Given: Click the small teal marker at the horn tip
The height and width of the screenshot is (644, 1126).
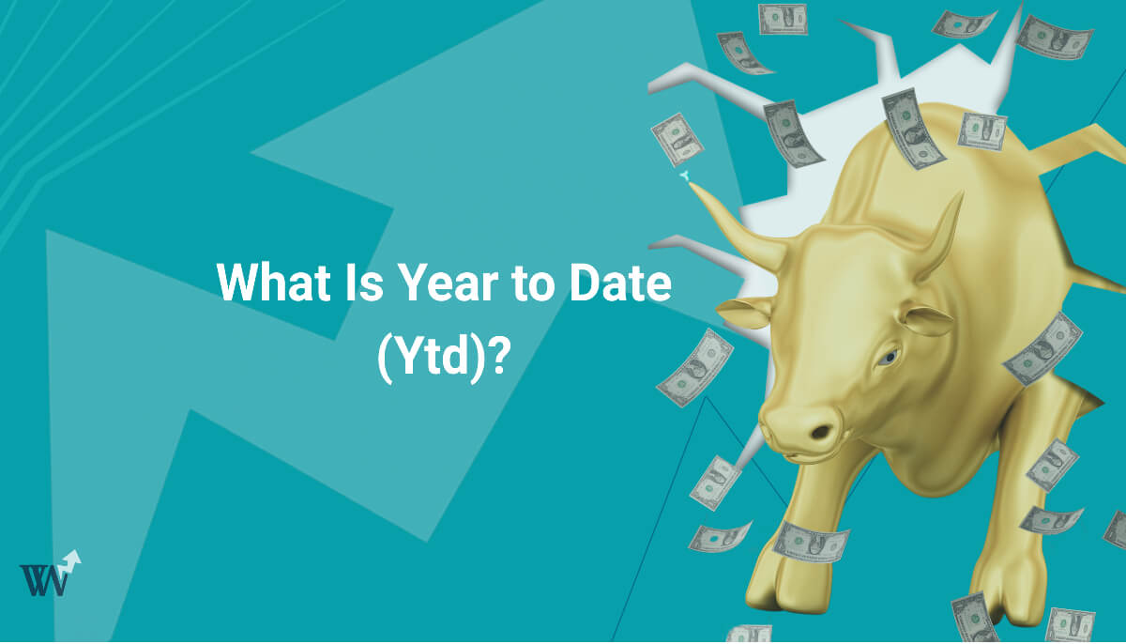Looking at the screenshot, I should (686, 176).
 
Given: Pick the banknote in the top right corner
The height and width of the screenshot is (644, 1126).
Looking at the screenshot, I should (1054, 38).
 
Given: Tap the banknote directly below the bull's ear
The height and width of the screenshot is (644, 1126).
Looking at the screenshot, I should (694, 366).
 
